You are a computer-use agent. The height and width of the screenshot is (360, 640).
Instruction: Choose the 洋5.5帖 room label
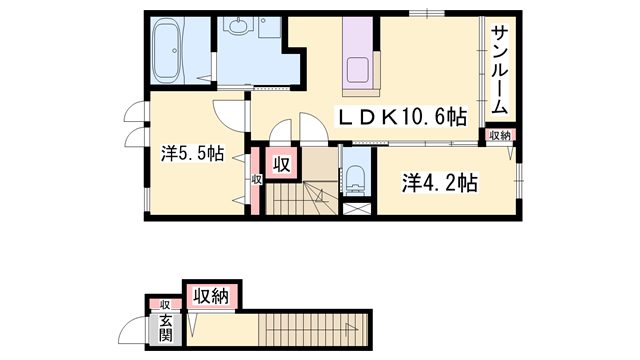point(193,154)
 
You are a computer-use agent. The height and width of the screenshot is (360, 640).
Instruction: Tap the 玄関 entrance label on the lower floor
point(164,329)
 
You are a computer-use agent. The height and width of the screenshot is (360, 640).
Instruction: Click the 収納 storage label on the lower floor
point(211,295)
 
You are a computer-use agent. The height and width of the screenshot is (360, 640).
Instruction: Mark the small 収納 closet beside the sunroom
point(500,135)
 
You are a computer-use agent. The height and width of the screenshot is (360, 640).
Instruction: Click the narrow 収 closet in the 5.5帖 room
point(257,180)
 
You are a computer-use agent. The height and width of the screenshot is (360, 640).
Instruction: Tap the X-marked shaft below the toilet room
point(356,211)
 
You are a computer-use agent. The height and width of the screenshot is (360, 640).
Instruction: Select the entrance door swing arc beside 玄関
point(130,329)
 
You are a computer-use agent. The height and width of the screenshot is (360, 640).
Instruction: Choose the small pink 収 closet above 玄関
point(164,304)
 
